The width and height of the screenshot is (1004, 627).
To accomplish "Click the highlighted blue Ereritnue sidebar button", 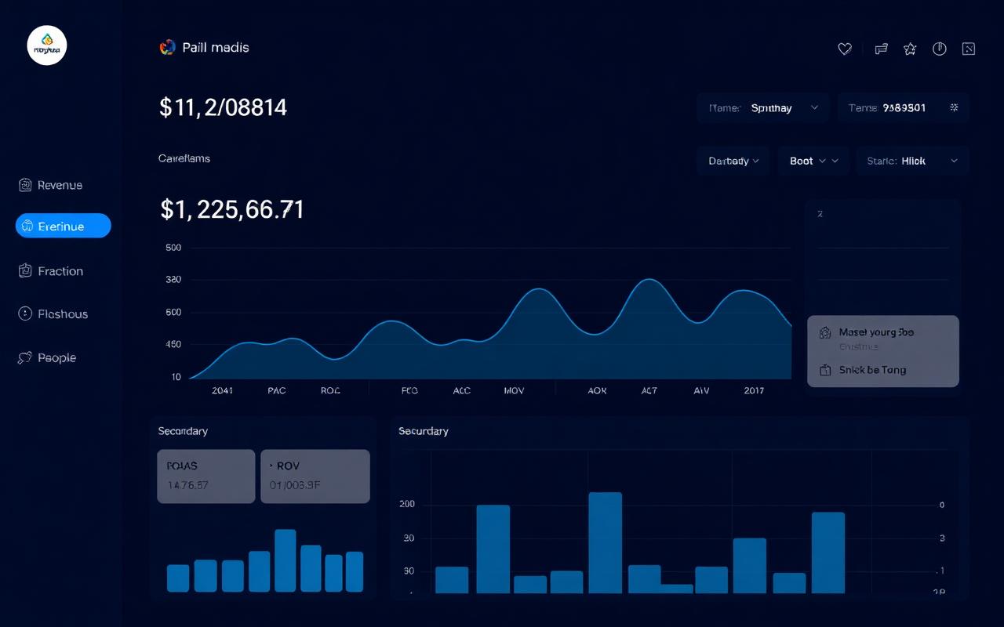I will tap(63, 227).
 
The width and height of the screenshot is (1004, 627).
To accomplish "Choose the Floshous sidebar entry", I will tap(53, 314).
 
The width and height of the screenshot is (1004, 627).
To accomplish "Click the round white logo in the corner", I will tap(47, 46).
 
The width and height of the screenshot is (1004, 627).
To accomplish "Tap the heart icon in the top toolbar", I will tap(845, 49).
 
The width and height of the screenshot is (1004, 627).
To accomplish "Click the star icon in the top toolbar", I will tap(910, 49).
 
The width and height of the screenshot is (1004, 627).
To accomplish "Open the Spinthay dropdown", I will tap(762, 108).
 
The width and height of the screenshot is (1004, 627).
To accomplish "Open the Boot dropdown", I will tap(813, 161).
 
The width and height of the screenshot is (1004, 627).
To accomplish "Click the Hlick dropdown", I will tap(912, 161).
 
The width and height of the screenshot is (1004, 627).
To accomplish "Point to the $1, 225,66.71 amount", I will tap(232, 209).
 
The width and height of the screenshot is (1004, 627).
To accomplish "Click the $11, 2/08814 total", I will tap(224, 107).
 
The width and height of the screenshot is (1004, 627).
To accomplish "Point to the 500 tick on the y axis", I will tap(173, 248).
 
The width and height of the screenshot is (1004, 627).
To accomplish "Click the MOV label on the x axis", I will tap(515, 390).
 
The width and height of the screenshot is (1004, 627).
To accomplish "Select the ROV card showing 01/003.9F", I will tap(315, 476).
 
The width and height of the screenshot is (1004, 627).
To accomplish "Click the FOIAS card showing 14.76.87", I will tap(206, 476).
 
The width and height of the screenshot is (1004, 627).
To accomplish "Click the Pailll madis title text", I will tap(215, 48).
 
